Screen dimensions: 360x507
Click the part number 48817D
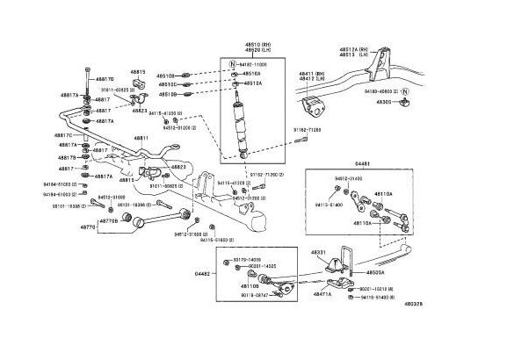(105, 79)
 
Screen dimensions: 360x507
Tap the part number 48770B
(108, 221)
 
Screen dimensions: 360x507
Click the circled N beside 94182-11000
(231, 65)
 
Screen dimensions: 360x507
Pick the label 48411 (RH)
(313, 74)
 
